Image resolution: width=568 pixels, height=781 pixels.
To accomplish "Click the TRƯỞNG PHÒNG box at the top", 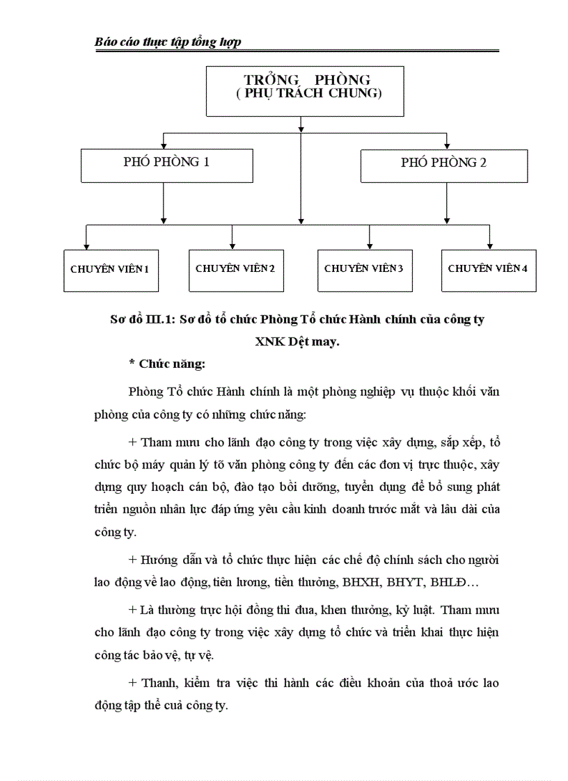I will coord(304,90).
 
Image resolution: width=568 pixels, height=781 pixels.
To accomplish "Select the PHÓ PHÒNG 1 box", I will coord(166,165).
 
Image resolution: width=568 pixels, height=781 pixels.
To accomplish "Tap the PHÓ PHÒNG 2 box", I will coord(443,165).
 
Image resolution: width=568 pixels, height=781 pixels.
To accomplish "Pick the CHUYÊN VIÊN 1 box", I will coord(110,270).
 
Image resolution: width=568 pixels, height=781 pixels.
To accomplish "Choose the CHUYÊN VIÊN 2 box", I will coord(236,270).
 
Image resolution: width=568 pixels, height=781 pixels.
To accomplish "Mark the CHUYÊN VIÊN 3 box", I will coord(364,270).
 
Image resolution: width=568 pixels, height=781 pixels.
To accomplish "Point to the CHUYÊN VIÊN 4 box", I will coord(489,270).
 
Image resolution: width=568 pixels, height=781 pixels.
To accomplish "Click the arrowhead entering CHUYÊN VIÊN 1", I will coord(86,245).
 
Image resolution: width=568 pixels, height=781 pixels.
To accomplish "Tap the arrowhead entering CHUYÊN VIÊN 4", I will coord(490,245).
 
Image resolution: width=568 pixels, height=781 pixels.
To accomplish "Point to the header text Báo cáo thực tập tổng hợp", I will coord(168,42).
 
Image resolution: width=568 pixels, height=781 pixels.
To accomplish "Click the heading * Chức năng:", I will coord(167,363).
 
